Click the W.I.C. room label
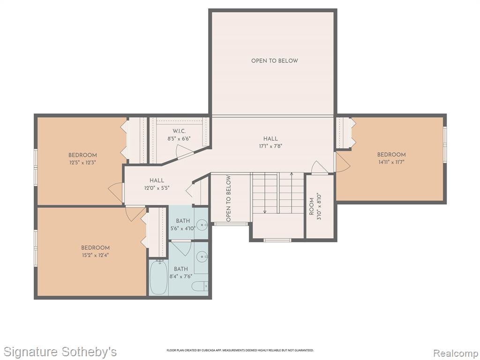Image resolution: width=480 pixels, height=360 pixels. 179,131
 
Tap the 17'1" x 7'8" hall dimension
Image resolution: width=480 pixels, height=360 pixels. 270,146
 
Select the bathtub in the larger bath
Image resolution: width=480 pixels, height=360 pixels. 158,277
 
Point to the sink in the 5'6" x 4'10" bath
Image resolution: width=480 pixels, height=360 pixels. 202,225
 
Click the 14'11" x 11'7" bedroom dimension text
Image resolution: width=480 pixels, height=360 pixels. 391,162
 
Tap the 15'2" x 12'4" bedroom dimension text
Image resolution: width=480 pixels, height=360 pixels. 95,255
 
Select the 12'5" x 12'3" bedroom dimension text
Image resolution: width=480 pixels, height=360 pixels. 82,163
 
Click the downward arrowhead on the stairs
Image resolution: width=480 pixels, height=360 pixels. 265,211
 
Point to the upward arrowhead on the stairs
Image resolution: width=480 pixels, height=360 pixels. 292,174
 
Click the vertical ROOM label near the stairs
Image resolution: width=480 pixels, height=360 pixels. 312,207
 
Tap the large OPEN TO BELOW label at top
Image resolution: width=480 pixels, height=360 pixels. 275,60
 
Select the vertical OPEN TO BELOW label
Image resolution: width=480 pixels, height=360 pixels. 228,198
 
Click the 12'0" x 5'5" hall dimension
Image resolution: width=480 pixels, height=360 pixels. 157,188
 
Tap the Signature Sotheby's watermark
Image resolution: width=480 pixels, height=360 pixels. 60,352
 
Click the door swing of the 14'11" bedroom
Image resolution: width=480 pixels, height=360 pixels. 343,162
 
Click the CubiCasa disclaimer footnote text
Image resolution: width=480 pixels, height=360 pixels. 240,350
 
